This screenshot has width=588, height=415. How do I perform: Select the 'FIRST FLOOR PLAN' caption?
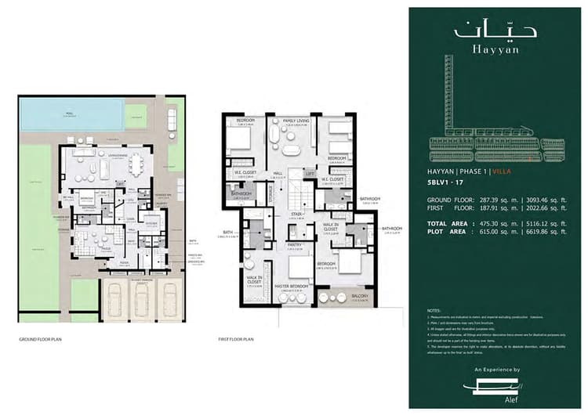[x=236, y=341]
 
